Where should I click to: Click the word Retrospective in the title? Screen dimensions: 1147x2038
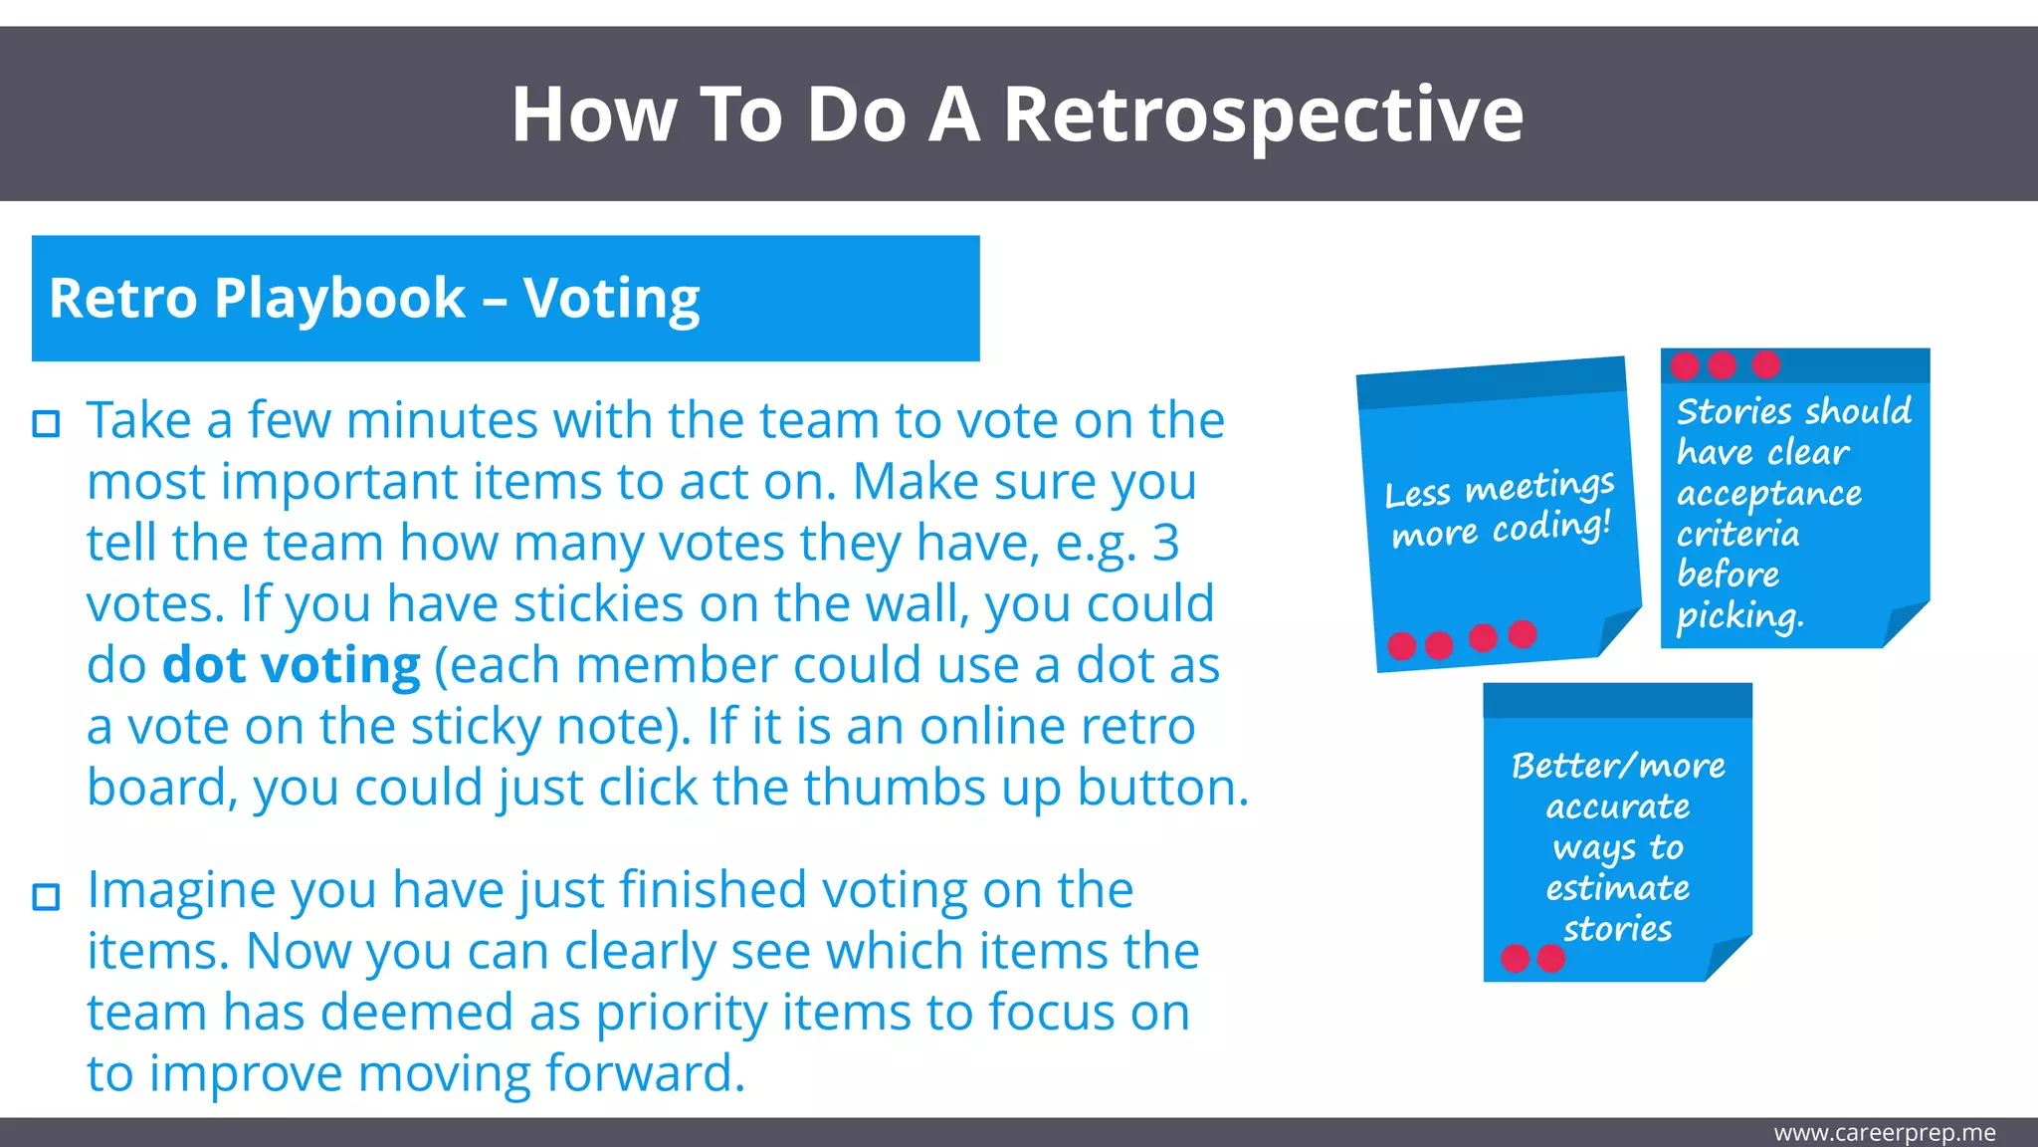(1262, 115)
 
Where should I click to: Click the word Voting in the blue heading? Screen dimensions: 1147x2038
(611, 299)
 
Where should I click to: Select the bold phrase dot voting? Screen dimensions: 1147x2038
(292, 665)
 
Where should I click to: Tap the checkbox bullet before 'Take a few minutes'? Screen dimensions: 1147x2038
(46, 424)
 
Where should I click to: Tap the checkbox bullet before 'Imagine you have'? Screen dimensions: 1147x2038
(46, 896)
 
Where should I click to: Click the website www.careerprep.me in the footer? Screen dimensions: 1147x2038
(1884, 1133)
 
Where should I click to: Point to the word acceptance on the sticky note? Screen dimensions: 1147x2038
(1768, 494)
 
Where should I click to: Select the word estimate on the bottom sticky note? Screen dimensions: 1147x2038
(1617, 888)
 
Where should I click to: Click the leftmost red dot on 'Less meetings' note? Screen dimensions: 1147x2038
(1401, 646)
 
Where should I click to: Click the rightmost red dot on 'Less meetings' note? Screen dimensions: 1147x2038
(1523, 633)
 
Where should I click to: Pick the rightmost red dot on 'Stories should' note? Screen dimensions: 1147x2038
(1766, 364)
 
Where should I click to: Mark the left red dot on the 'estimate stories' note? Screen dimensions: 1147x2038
(1515, 958)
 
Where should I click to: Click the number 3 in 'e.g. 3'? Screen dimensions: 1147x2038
(1165, 544)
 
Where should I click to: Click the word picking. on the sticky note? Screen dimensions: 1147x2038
(1739, 616)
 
